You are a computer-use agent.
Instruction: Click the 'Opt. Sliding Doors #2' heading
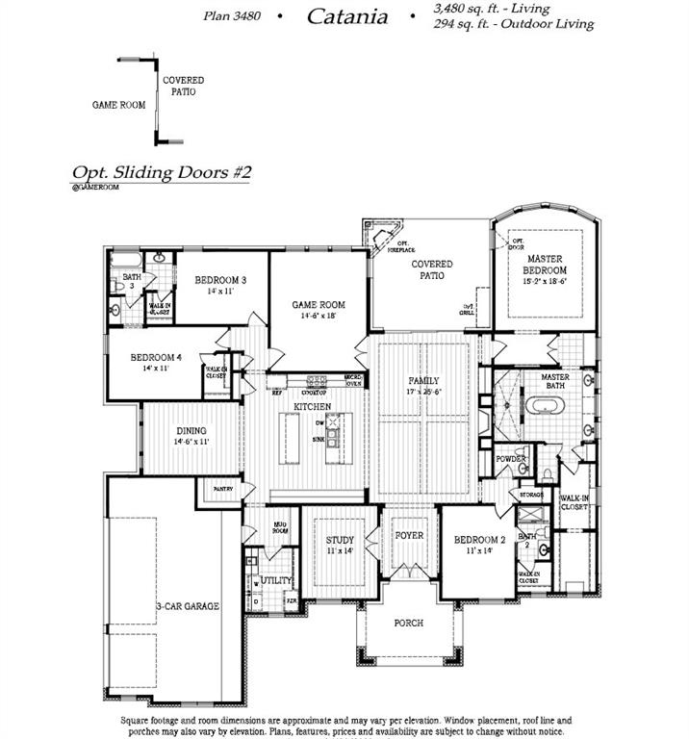coord(162,172)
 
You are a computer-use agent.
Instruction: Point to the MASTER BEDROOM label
coord(545,265)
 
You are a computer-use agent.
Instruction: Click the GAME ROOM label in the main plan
coord(319,305)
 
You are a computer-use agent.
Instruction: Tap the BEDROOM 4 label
coord(156,358)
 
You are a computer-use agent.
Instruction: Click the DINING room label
coord(191,431)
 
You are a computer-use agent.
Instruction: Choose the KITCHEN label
coord(313,407)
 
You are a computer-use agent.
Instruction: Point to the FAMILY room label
coord(424,382)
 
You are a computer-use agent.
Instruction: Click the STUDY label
coord(339,540)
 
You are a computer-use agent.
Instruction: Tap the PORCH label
coord(409,623)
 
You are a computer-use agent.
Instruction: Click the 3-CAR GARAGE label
coord(188,606)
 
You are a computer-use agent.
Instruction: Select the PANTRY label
coord(222,489)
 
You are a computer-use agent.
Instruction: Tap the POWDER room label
coord(511,459)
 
